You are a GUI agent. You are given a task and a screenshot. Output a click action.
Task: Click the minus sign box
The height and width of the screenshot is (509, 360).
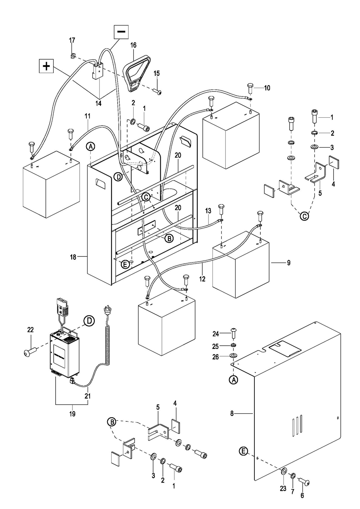121,32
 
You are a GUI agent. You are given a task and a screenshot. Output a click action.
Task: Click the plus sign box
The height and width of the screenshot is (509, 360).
46,66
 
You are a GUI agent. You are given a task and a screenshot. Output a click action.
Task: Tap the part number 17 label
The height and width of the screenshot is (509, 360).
72,40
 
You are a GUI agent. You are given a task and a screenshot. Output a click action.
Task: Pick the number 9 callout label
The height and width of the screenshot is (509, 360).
288,263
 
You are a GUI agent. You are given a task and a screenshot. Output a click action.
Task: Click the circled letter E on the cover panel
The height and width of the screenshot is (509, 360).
244,451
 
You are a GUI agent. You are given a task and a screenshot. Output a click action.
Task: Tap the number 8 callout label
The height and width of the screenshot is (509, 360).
232,414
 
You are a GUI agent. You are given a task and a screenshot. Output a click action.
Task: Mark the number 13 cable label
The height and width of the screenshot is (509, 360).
208,211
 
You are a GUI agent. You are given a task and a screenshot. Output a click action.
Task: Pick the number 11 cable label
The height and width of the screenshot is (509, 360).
88,116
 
